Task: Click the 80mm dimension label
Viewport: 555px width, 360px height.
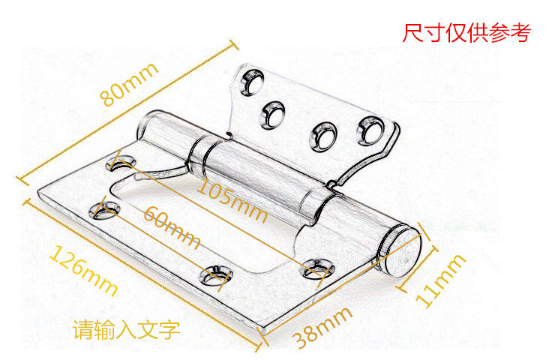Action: coord(129,85)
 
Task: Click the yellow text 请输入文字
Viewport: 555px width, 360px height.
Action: coord(126,329)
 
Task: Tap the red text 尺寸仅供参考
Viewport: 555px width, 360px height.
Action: coord(466,33)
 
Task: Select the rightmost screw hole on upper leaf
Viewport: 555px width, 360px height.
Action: coord(370,129)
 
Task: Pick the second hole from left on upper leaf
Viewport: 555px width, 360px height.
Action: coord(273,114)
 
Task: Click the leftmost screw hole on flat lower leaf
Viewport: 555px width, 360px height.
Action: coord(103,211)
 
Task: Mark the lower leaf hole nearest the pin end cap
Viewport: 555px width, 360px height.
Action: coord(318,266)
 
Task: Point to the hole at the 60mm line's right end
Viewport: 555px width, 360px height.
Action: coord(216,275)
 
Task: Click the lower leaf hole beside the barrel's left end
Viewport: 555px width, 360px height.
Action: coord(124,161)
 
